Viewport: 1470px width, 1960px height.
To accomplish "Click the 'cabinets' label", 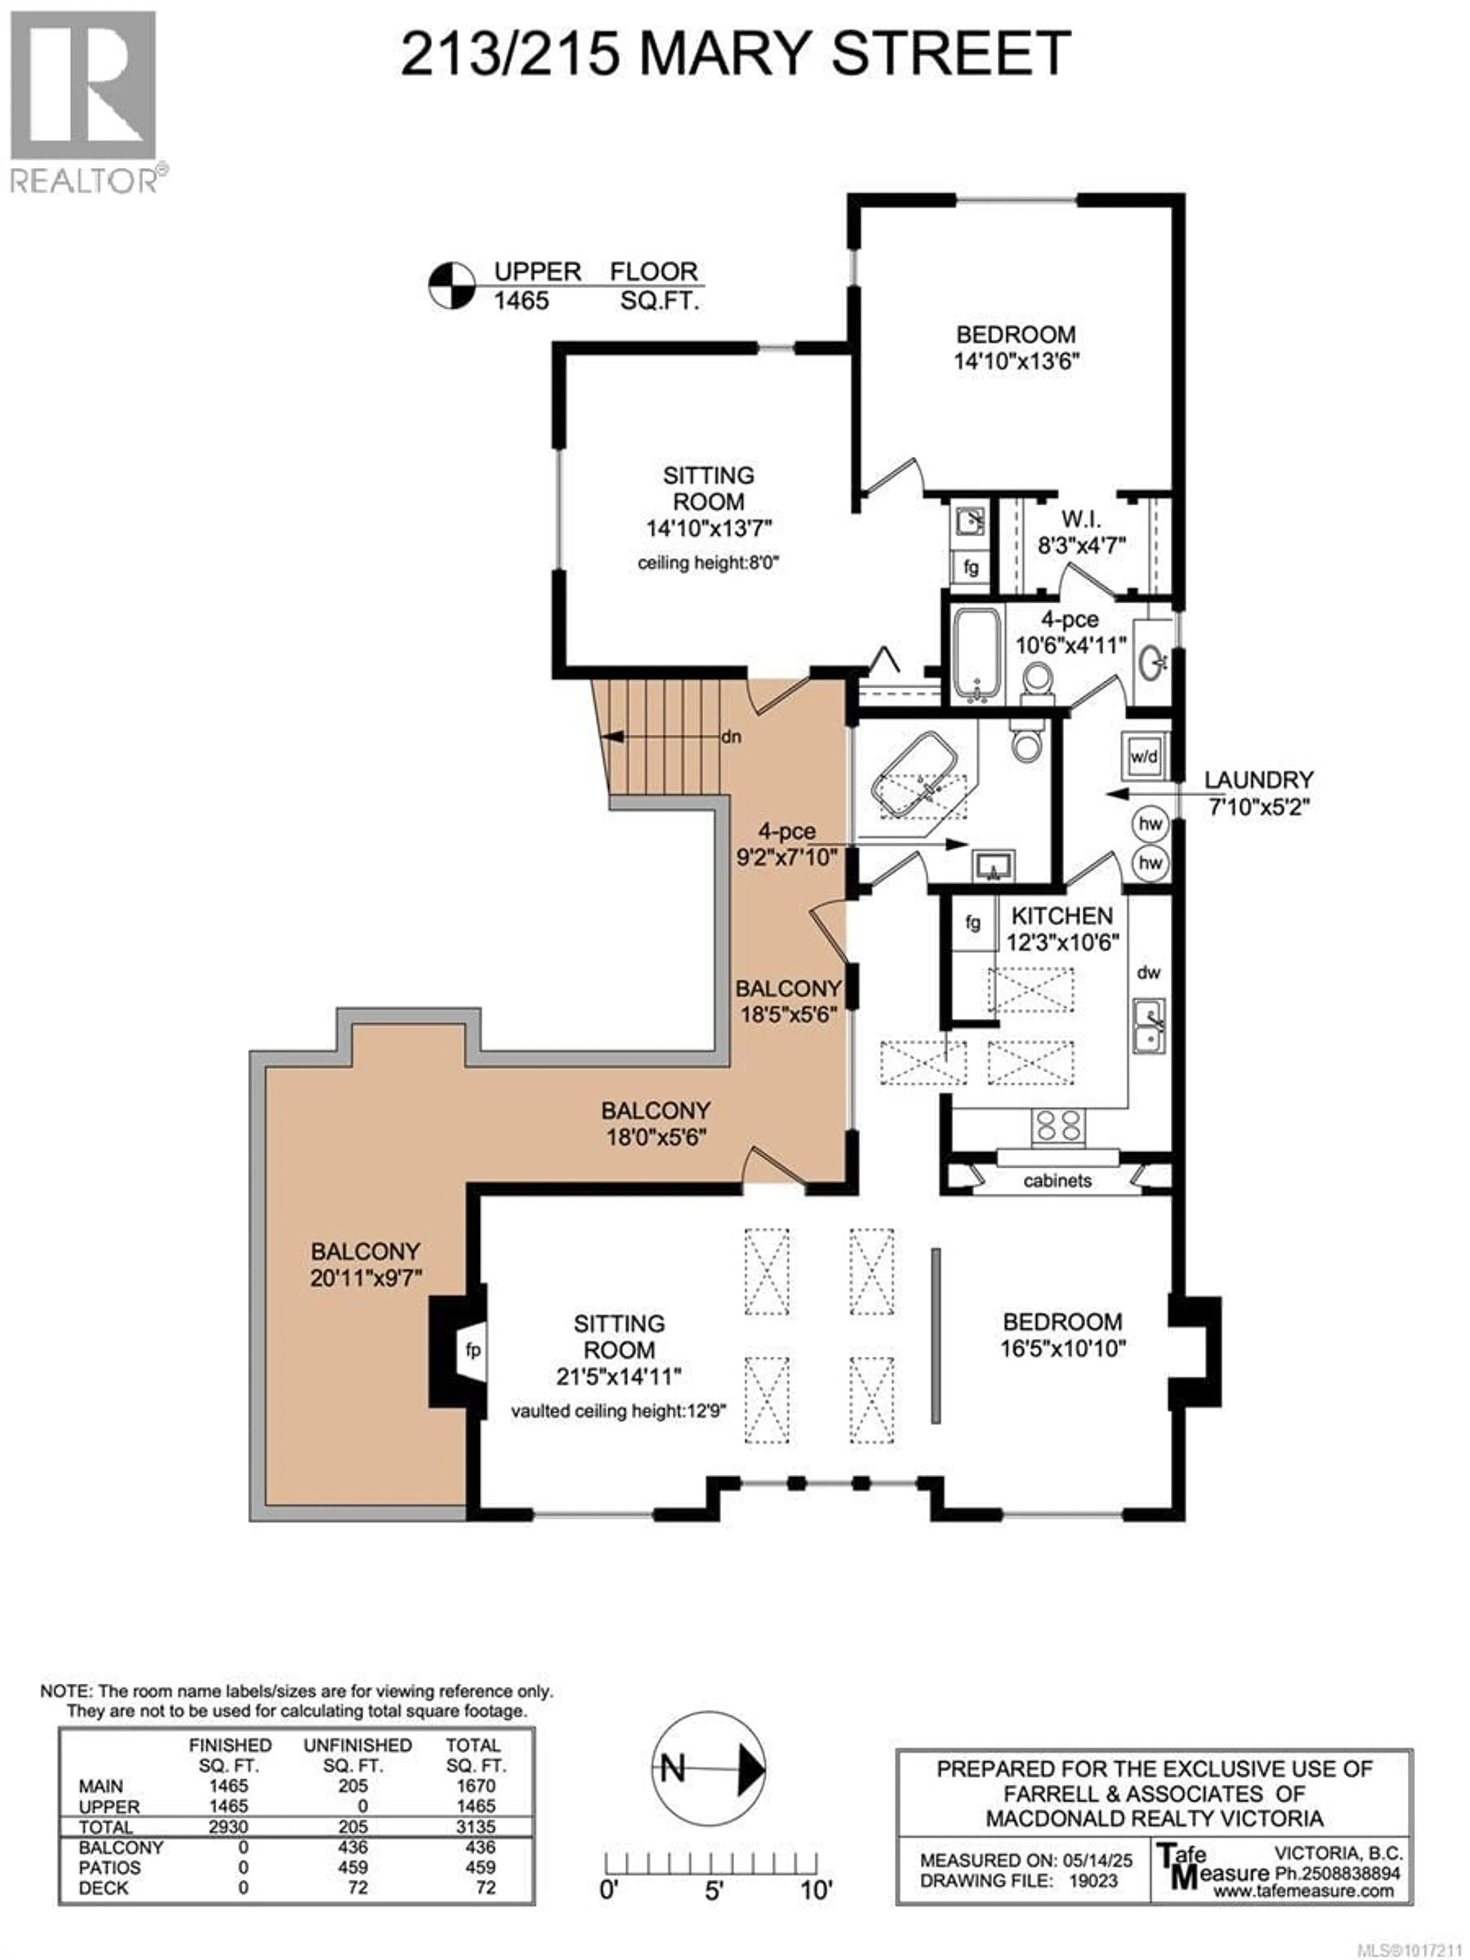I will [x=1057, y=1180].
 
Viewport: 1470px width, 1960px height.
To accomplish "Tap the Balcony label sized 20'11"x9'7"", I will [x=365, y=1264].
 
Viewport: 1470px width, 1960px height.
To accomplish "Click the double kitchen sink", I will [x=1148, y=1026].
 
